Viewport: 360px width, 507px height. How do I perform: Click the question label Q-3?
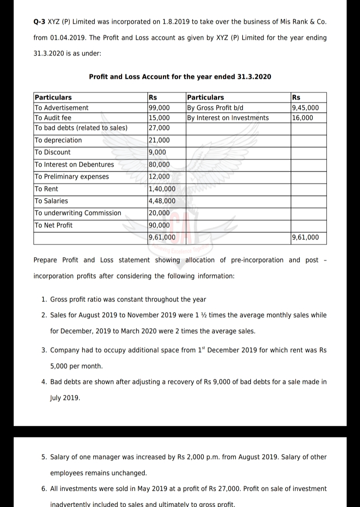[40, 22]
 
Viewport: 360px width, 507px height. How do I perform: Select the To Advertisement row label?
[62, 108]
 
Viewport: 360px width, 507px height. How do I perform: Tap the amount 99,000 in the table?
[159, 108]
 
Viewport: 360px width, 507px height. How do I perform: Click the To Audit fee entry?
[53, 118]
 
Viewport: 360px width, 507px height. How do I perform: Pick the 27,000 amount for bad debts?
[159, 128]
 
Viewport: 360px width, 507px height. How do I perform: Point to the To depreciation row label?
[58, 140]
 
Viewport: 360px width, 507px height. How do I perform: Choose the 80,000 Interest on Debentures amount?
[159, 165]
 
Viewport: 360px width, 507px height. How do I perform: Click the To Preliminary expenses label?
[72, 177]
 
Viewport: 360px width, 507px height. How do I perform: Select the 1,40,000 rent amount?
[162, 189]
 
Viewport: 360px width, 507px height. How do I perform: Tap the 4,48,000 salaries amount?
[162, 201]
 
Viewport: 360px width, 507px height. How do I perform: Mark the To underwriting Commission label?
[78, 213]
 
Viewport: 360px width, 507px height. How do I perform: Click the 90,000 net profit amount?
[159, 225]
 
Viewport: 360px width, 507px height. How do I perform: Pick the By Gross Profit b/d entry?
[215, 108]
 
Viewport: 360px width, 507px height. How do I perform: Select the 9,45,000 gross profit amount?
[305, 108]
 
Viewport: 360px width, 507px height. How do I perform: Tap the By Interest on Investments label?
[228, 118]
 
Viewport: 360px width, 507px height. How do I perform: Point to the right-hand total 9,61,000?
[305, 237]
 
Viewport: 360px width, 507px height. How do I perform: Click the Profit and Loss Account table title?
[180, 77]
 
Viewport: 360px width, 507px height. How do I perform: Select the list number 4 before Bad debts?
[44, 382]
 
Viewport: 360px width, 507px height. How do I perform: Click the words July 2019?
[65, 398]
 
